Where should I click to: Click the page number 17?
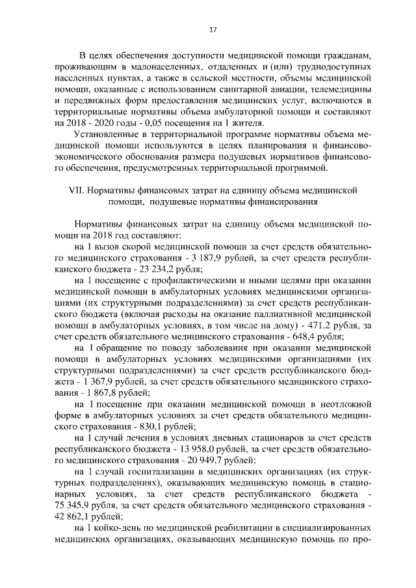click(x=212, y=29)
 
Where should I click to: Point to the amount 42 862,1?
click(x=75, y=516)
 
